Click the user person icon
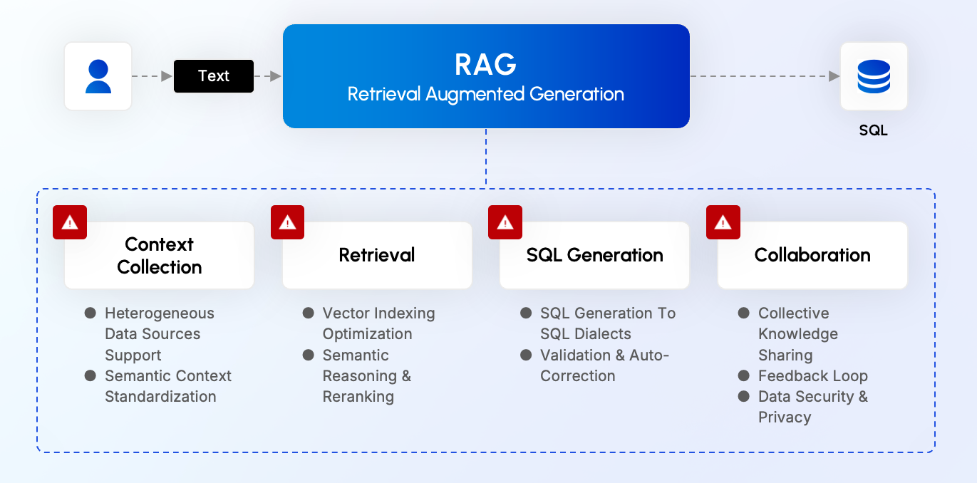point(98,76)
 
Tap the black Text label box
point(214,76)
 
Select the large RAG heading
point(486,65)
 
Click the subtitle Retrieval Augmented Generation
point(486,94)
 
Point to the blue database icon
point(874,76)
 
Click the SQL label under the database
point(874,131)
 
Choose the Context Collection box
point(160,255)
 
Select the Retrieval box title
point(377,255)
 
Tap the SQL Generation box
point(595,255)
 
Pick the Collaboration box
point(812,255)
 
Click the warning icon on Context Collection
point(70,222)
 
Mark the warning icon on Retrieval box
point(288,222)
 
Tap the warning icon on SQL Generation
point(505,222)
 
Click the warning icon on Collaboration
point(723,222)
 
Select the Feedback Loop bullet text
point(813,376)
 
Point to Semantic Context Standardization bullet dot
point(91,375)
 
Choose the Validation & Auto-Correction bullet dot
point(526,355)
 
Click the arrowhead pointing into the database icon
point(834,76)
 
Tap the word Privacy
point(785,417)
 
